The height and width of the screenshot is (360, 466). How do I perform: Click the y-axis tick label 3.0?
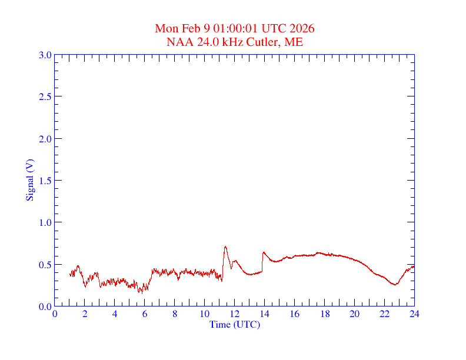45,55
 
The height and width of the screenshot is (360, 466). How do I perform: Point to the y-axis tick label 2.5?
45,96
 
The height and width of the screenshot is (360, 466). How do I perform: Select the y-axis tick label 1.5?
45,181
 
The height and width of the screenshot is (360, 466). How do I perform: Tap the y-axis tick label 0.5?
45,265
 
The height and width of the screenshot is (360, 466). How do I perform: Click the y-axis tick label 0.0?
45,306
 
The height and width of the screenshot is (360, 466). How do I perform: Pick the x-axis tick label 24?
414,314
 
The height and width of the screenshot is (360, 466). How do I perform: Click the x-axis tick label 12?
235,314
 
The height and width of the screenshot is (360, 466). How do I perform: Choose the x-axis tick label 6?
145,314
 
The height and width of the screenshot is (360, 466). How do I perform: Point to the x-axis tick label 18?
325,314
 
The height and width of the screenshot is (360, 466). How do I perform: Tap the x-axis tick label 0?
55,314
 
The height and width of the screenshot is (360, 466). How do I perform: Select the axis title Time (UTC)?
235,324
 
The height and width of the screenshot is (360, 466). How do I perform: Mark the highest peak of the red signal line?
225,246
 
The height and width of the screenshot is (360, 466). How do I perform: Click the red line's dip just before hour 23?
395,285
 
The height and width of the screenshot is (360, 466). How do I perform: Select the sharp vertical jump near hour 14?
262,262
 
